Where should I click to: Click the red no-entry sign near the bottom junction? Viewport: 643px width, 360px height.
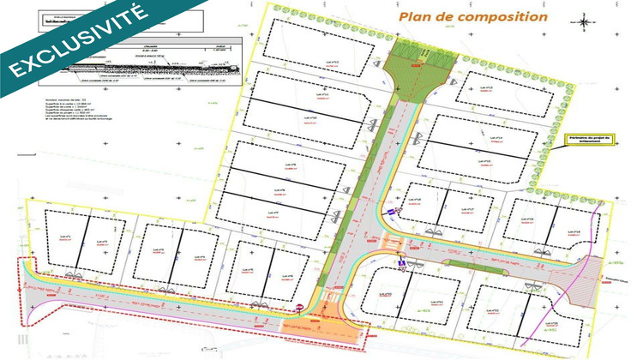click(x=298, y=307)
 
